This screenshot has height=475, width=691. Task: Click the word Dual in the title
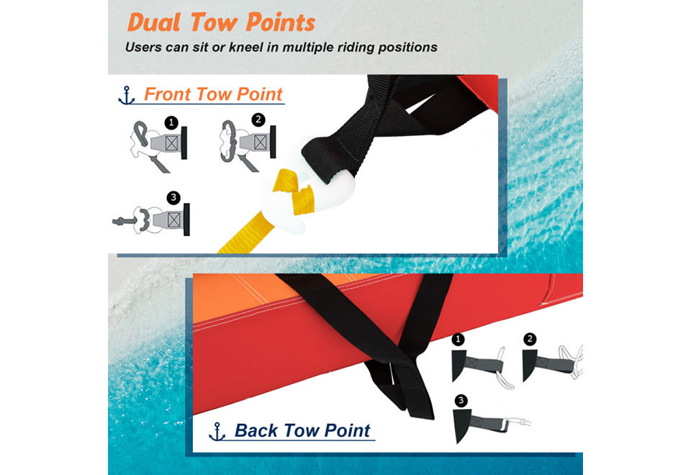(154, 22)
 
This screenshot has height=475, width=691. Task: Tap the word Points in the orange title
(280, 22)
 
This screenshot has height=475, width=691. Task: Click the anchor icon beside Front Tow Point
(127, 95)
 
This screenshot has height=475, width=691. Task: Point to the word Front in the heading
(168, 94)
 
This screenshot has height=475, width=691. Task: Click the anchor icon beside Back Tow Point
(217, 431)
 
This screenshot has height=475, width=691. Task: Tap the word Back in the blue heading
(256, 430)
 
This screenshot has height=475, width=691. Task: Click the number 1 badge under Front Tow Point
(171, 122)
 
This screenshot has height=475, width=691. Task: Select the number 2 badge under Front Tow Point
(258, 119)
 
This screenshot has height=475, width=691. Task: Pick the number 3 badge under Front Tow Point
(173, 197)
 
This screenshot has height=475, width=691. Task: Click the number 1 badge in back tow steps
(459, 339)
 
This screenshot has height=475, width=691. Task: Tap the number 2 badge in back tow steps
(530, 339)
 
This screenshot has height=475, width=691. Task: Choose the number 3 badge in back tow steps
(461, 401)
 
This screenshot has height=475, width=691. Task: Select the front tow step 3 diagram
(151, 219)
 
